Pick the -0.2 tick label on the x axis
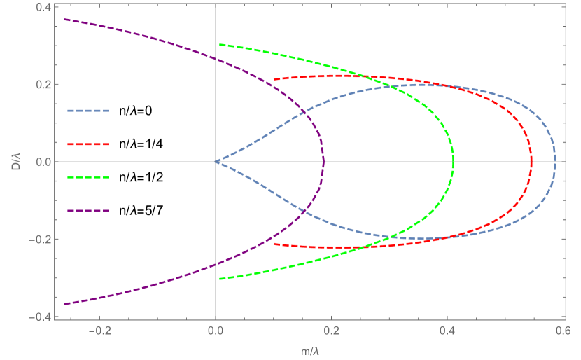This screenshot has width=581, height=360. [99, 331]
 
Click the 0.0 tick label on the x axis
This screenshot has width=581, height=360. [216, 331]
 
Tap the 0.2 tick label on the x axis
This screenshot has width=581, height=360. [331, 331]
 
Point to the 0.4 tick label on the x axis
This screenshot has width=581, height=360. [447, 331]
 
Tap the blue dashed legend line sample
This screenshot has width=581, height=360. [88, 111]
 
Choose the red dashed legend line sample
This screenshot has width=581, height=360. [88, 144]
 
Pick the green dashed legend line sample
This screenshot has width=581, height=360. [88, 177]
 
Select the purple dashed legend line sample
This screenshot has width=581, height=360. [88, 210]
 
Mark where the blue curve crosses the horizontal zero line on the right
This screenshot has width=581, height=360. [555, 162]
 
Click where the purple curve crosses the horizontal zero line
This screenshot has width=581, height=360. [323, 162]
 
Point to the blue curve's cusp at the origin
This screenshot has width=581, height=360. [216, 162]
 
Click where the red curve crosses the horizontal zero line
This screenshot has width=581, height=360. [531, 162]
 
